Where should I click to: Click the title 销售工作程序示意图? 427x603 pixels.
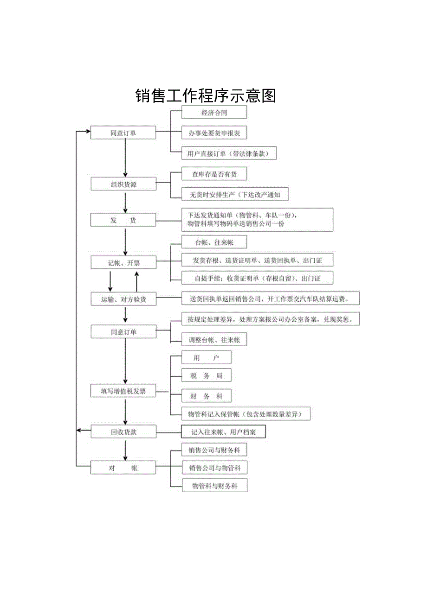pyautogui.click(x=206, y=95)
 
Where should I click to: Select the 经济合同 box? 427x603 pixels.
pyautogui.click(x=214, y=113)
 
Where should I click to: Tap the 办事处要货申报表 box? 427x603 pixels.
pyautogui.click(x=214, y=133)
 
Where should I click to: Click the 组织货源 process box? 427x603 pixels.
pyautogui.click(x=123, y=184)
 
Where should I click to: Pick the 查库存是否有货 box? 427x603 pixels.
pyautogui.click(x=214, y=174)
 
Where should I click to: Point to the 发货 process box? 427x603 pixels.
pyautogui.click(x=123, y=221)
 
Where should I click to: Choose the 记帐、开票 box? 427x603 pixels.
pyautogui.click(x=123, y=263)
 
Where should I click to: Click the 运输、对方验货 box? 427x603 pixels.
pyautogui.click(x=123, y=299)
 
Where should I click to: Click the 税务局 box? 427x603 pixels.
pyautogui.click(x=206, y=376)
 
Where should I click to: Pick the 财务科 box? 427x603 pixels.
pyautogui.click(x=206, y=396)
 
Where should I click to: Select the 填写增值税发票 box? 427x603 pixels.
pyautogui.click(x=123, y=391)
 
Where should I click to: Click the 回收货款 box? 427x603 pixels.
pyautogui.click(x=123, y=432)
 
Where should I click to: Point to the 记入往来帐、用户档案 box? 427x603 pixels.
pyautogui.click(x=223, y=432)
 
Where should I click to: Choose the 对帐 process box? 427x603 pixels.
pyautogui.click(x=123, y=468)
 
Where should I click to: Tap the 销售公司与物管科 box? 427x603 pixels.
pyautogui.click(x=214, y=468)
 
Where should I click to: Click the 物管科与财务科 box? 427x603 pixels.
pyautogui.click(x=214, y=486)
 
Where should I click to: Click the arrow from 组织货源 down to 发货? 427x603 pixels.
pyautogui.click(x=125, y=203)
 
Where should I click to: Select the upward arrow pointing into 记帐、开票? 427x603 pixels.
pyautogui.click(x=136, y=280)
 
